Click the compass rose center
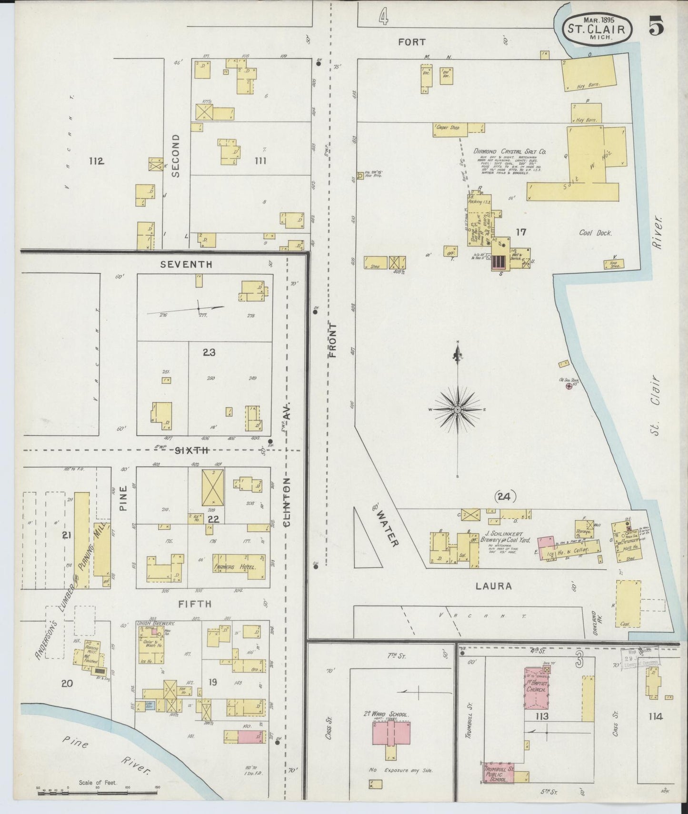458,409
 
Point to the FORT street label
412,42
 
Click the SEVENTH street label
186,264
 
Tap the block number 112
96,161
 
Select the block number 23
209,352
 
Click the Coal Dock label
595,233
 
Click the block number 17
521,232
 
